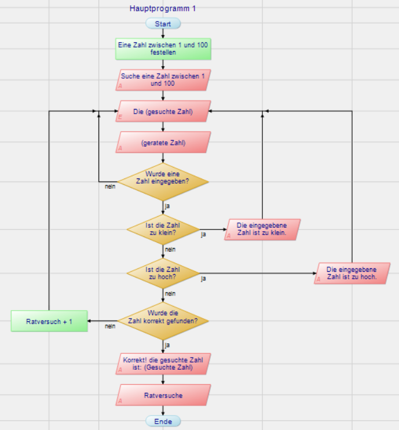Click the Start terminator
(x=163, y=24)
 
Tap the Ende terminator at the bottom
(x=163, y=421)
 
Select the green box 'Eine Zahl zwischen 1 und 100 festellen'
(x=163, y=49)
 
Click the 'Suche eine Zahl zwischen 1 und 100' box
(x=163, y=80)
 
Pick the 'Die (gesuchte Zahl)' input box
(x=163, y=111)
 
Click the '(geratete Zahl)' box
(x=163, y=142)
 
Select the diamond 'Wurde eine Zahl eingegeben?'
(x=163, y=181)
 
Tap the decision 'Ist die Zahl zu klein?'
(x=163, y=229)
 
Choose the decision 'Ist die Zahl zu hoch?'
(x=163, y=273)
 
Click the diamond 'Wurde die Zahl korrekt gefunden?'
(x=163, y=320)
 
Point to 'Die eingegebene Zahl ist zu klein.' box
(x=263, y=229)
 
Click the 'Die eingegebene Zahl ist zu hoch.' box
(x=352, y=273)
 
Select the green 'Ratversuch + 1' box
(x=49, y=320)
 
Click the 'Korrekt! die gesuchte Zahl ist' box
(x=163, y=364)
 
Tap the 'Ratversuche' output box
(x=163, y=396)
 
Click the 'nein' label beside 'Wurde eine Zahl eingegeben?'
(x=109, y=187)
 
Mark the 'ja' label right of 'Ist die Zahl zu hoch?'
(x=203, y=279)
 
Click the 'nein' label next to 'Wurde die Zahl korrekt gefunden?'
(x=109, y=326)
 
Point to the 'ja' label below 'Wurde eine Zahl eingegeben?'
(x=167, y=206)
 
